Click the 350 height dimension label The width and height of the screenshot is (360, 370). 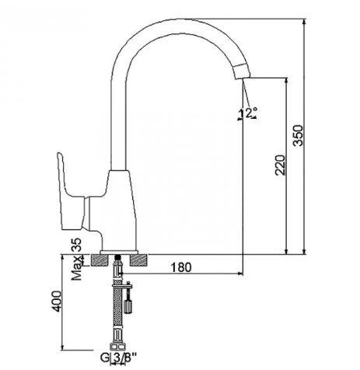pyautogui.click(x=298, y=135)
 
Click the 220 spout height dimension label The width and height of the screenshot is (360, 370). pyautogui.click(x=280, y=165)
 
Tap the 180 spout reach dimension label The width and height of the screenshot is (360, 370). pyautogui.click(x=181, y=267)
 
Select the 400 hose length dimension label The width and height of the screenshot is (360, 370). pyautogui.click(x=57, y=302)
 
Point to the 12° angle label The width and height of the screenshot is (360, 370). pyautogui.click(x=248, y=113)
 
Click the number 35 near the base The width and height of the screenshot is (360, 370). pyautogui.click(x=76, y=245)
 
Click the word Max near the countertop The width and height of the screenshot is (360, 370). pyautogui.click(x=77, y=268)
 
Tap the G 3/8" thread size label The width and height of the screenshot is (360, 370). pyautogui.click(x=118, y=358)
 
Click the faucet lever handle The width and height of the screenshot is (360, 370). pyautogui.click(x=71, y=192)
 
